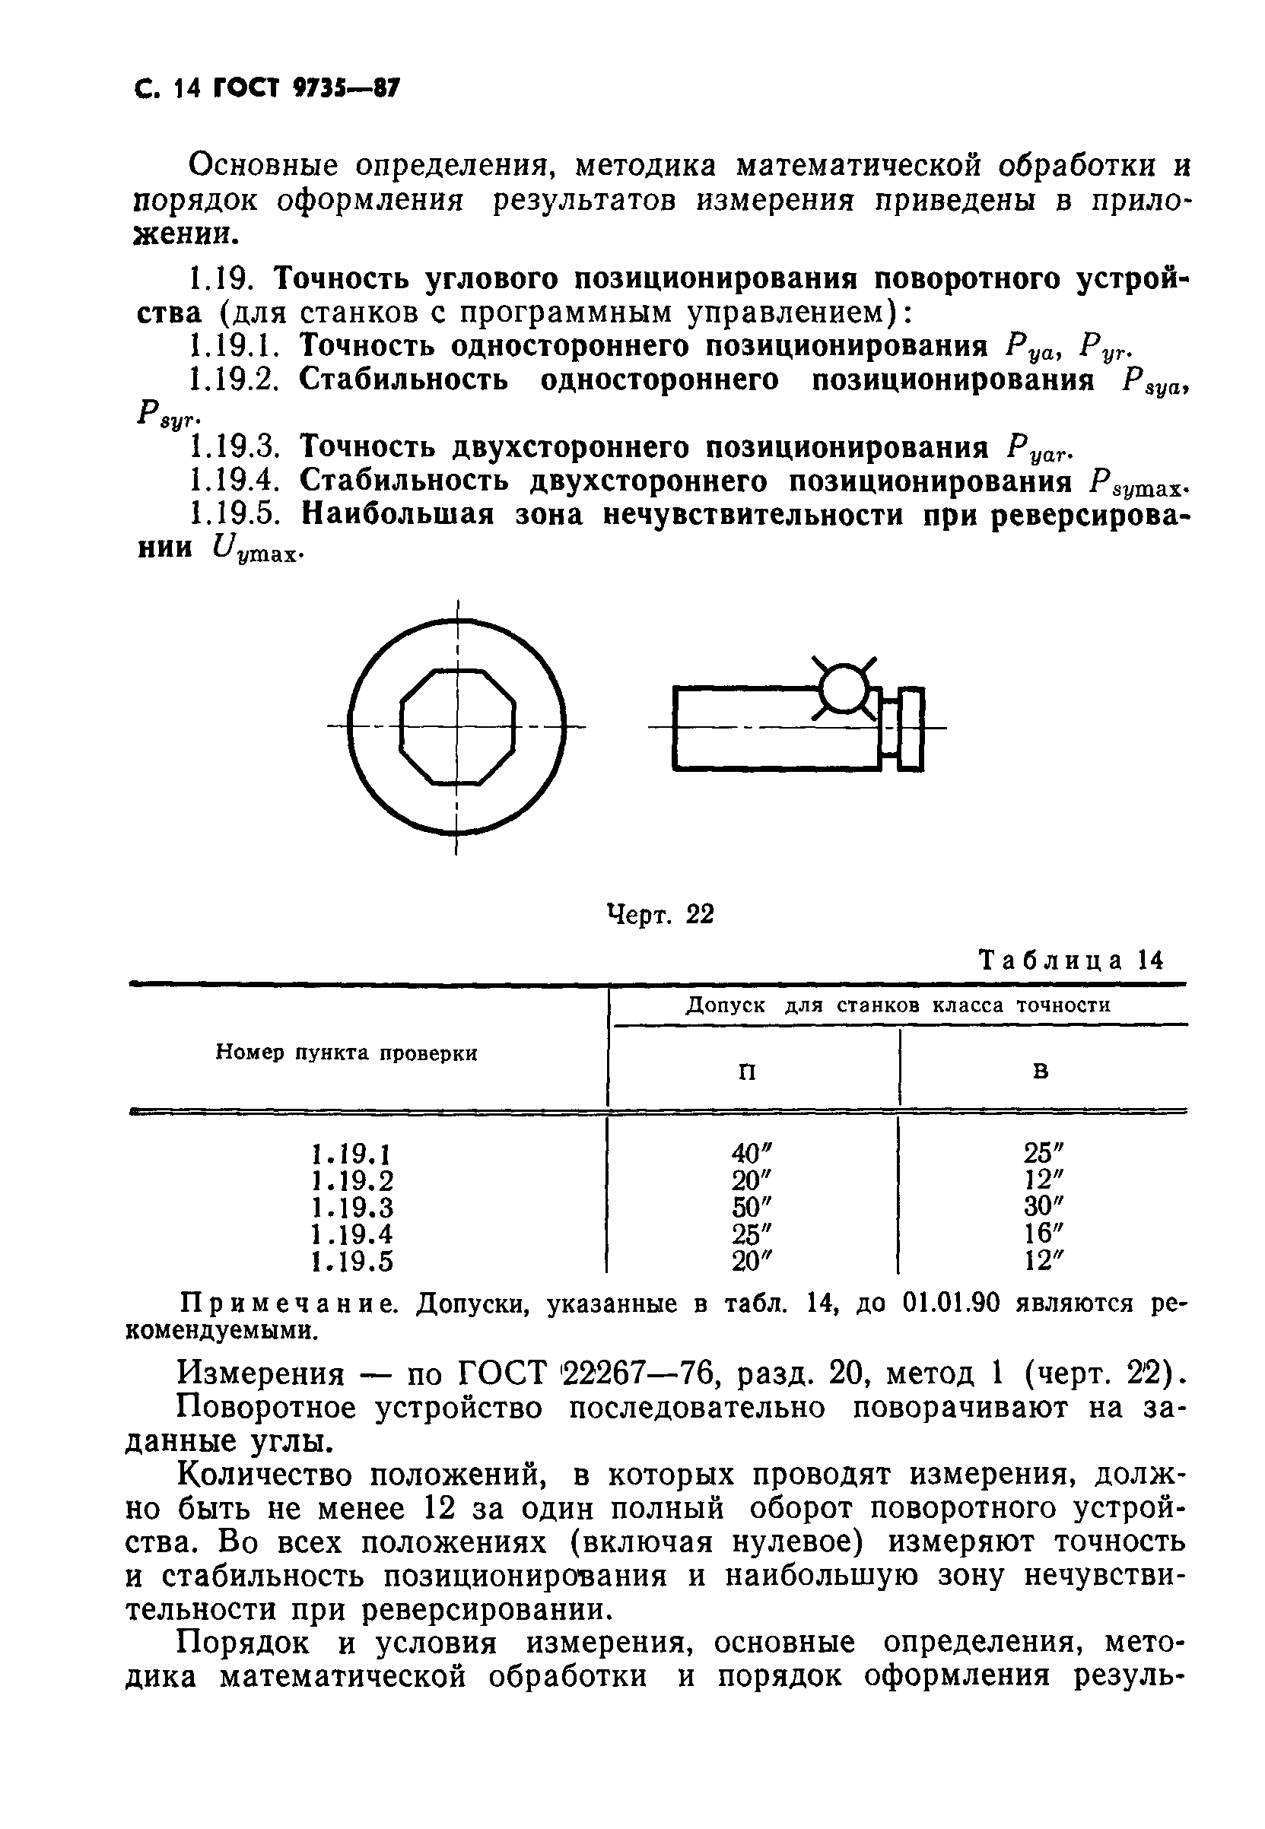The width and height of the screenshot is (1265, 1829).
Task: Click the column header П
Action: pos(747,1072)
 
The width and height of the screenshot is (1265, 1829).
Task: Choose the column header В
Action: pos(1041,1072)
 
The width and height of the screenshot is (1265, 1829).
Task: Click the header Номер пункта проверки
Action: pos(347,1053)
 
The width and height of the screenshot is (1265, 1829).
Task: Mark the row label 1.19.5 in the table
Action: pos(354,1261)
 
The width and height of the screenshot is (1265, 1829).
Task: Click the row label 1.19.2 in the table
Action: pos(354,1180)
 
